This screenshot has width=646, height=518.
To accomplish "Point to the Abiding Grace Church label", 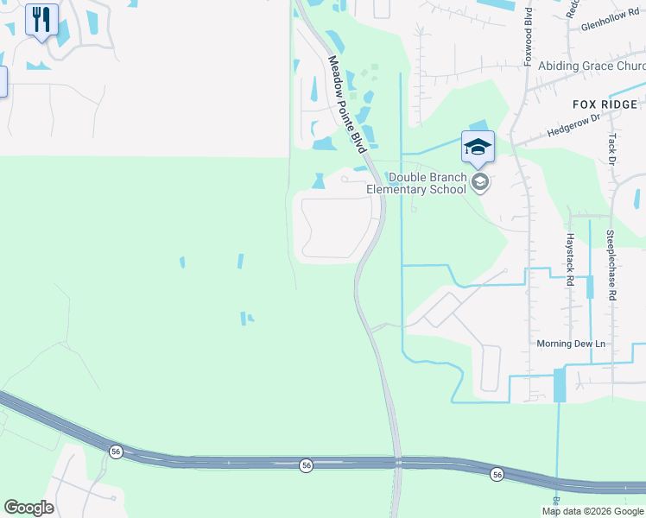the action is coord(591,66).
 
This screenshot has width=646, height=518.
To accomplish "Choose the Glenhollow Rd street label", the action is coord(609,26).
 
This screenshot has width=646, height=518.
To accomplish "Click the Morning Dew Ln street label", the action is coord(571,344).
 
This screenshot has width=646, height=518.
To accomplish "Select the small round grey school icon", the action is coord(481,182).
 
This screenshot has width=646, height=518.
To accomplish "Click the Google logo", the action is coord(28,508).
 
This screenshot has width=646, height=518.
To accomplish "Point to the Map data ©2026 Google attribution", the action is coord(592,511).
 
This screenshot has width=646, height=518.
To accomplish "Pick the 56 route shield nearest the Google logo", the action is coord(115,452).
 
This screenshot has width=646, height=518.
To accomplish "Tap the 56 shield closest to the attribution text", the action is coord(497,474).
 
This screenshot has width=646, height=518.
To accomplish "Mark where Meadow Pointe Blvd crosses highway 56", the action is coord(397,464).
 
